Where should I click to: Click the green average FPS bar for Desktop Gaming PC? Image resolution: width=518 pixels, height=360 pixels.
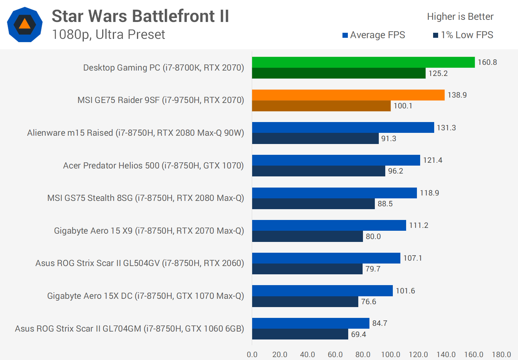click(x=363, y=62)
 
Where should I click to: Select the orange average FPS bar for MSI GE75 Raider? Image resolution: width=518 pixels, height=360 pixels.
click(x=348, y=95)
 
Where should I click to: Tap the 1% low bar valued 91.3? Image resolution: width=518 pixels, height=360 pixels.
click(x=315, y=139)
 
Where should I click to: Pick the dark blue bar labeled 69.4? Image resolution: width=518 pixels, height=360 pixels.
click(x=300, y=334)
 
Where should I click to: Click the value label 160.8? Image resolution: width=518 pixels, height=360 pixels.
click(x=487, y=62)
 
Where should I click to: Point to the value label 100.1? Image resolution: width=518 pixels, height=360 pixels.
click(x=403, y=106)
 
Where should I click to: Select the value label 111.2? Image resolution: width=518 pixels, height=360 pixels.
click(x=419, y=225)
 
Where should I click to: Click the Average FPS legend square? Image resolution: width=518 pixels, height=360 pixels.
click(x=345, y=35)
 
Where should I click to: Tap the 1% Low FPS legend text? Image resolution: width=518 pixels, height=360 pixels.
click(x=467, y=35)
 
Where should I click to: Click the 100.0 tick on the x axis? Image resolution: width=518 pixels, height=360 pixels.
click(x=391, y=354)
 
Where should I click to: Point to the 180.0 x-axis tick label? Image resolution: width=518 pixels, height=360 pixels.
click(x=501, y=354)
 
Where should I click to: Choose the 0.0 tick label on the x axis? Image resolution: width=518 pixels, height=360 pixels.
click(x=252, y=354)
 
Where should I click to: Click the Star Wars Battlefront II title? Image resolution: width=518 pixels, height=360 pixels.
click(x=140, y=16)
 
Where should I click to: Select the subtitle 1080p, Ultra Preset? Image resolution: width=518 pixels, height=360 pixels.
click(x=108, y=35)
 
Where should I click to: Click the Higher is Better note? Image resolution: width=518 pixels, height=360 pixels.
click(x=460, y=17)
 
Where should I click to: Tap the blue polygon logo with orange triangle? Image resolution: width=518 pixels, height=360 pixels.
click(x=25, y=24)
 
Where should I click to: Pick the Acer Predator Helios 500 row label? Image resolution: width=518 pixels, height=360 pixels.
click(x=153, y=166)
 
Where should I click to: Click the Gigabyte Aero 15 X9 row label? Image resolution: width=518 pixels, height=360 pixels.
click(x=149, y=231)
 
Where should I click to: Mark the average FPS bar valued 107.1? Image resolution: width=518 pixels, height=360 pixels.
click(x=326, y=258)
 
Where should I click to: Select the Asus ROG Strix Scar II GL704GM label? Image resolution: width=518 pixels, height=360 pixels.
click(x=129, y=329)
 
